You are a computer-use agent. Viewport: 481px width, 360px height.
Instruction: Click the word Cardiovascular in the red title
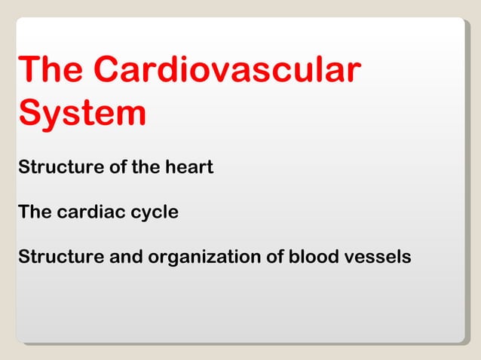226,71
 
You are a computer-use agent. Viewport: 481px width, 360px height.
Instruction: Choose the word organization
203,258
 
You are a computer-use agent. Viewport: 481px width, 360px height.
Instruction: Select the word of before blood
274,257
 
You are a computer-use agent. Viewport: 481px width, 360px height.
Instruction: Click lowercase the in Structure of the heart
143,166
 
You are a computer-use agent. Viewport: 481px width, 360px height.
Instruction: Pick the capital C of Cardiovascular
109,71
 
